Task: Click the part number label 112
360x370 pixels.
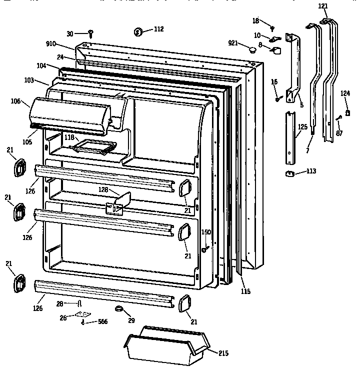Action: pos(158,29)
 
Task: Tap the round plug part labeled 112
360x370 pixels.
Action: pos(139,32)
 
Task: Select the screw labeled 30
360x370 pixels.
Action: pos(91,33)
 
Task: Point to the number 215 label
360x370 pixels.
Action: pos(224,353)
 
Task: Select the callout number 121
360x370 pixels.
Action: pos(323,5)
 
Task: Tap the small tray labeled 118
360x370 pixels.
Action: pos(94,146)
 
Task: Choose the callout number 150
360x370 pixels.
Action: pos(206,232)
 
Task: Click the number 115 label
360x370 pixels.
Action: pos(245,291)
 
